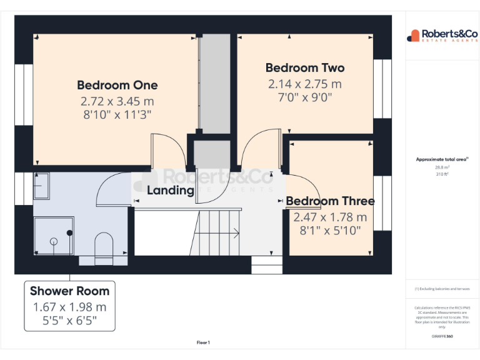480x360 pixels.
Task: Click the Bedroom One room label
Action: click(x=117, y=85)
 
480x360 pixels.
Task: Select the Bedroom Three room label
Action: click(x=330, y=201)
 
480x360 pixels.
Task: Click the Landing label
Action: click(x=170, y=191)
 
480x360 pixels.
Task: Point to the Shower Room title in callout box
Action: click(x=69, y=291)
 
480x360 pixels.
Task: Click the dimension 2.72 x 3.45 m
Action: click(x=117, y=101)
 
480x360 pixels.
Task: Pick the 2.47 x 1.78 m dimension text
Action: click(x=330, y=217)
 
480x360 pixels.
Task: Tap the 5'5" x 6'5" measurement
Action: click(x=69, y=321)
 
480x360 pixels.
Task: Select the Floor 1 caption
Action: click(x=203, y=342)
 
